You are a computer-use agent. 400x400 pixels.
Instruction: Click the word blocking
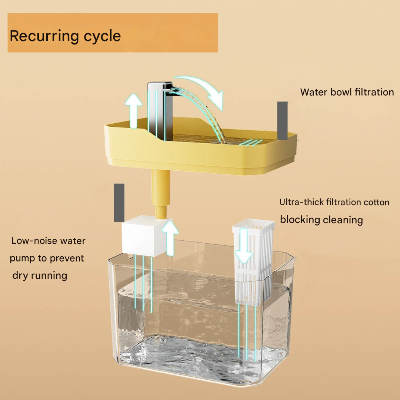pos(300,220)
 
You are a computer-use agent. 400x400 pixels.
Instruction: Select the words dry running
pos(40,276)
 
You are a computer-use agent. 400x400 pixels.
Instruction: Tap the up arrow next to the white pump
pos(170,237)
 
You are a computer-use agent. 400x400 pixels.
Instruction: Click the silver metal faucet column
pos(159,111)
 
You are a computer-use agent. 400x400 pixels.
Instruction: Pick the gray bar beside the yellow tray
pos(283,120)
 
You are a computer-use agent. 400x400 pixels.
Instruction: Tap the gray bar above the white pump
pos(119,203)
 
